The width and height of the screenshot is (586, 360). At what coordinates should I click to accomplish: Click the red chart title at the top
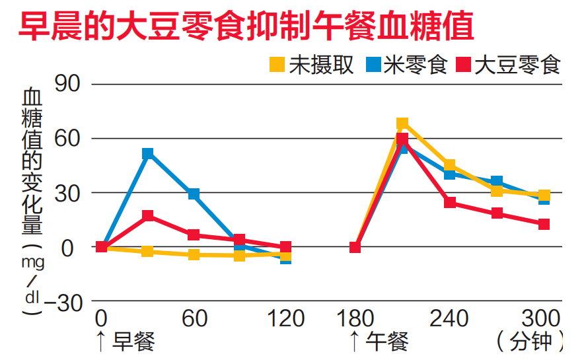point(246,28)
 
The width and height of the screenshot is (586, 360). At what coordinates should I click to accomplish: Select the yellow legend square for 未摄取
point(277,65)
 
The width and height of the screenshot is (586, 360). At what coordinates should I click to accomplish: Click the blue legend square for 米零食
point(373,65)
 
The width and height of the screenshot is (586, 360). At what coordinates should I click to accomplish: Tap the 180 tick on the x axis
point(355,319)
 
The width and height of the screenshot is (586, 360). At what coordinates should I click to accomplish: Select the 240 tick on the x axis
point(449,319)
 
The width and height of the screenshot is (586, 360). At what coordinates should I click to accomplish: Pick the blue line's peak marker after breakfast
point(148,153)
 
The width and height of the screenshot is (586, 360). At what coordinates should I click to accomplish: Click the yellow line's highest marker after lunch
point(402,124)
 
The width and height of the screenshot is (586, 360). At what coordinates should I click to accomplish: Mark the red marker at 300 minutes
point(544,224)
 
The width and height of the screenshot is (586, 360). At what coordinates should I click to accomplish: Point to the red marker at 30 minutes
point(148,215)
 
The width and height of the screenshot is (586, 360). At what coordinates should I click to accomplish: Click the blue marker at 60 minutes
point(194,194)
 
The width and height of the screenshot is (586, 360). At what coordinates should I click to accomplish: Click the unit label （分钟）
point(531,342)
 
